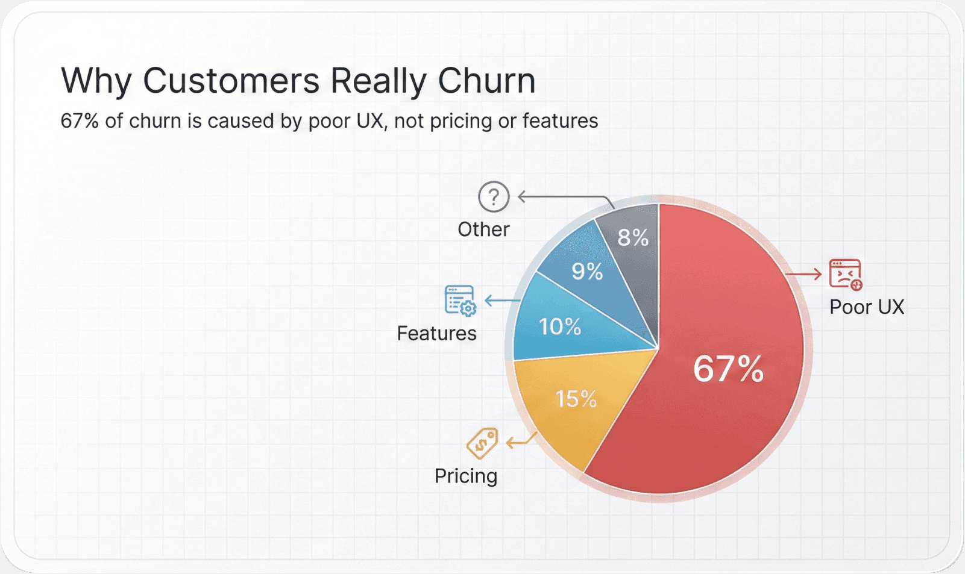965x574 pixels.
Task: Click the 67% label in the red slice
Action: (728, 369)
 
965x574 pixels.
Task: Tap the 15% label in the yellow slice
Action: (576, 399)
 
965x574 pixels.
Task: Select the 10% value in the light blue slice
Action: (560, 327)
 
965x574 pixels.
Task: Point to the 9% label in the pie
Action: (587, 272)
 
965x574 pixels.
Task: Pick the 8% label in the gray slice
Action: (633, 238)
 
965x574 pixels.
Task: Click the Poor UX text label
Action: (866, 307)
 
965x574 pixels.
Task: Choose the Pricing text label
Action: (466, 476)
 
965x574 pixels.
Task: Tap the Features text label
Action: (436, 333)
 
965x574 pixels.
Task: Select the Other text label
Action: (483, 229)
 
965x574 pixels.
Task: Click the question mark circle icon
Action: (494, 196)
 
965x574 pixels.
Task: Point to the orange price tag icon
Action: (482, 443)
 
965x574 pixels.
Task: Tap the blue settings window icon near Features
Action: (460, 300)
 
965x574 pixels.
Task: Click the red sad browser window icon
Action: (845, 274)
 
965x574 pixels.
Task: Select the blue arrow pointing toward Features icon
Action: (501, 300)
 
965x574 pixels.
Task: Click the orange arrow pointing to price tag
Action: (520, 441)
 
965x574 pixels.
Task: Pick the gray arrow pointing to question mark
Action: (564, 198)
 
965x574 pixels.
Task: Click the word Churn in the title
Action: (486, 81)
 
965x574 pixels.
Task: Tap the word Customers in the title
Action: (231, 81)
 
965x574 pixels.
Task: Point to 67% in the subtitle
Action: (79, 121)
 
